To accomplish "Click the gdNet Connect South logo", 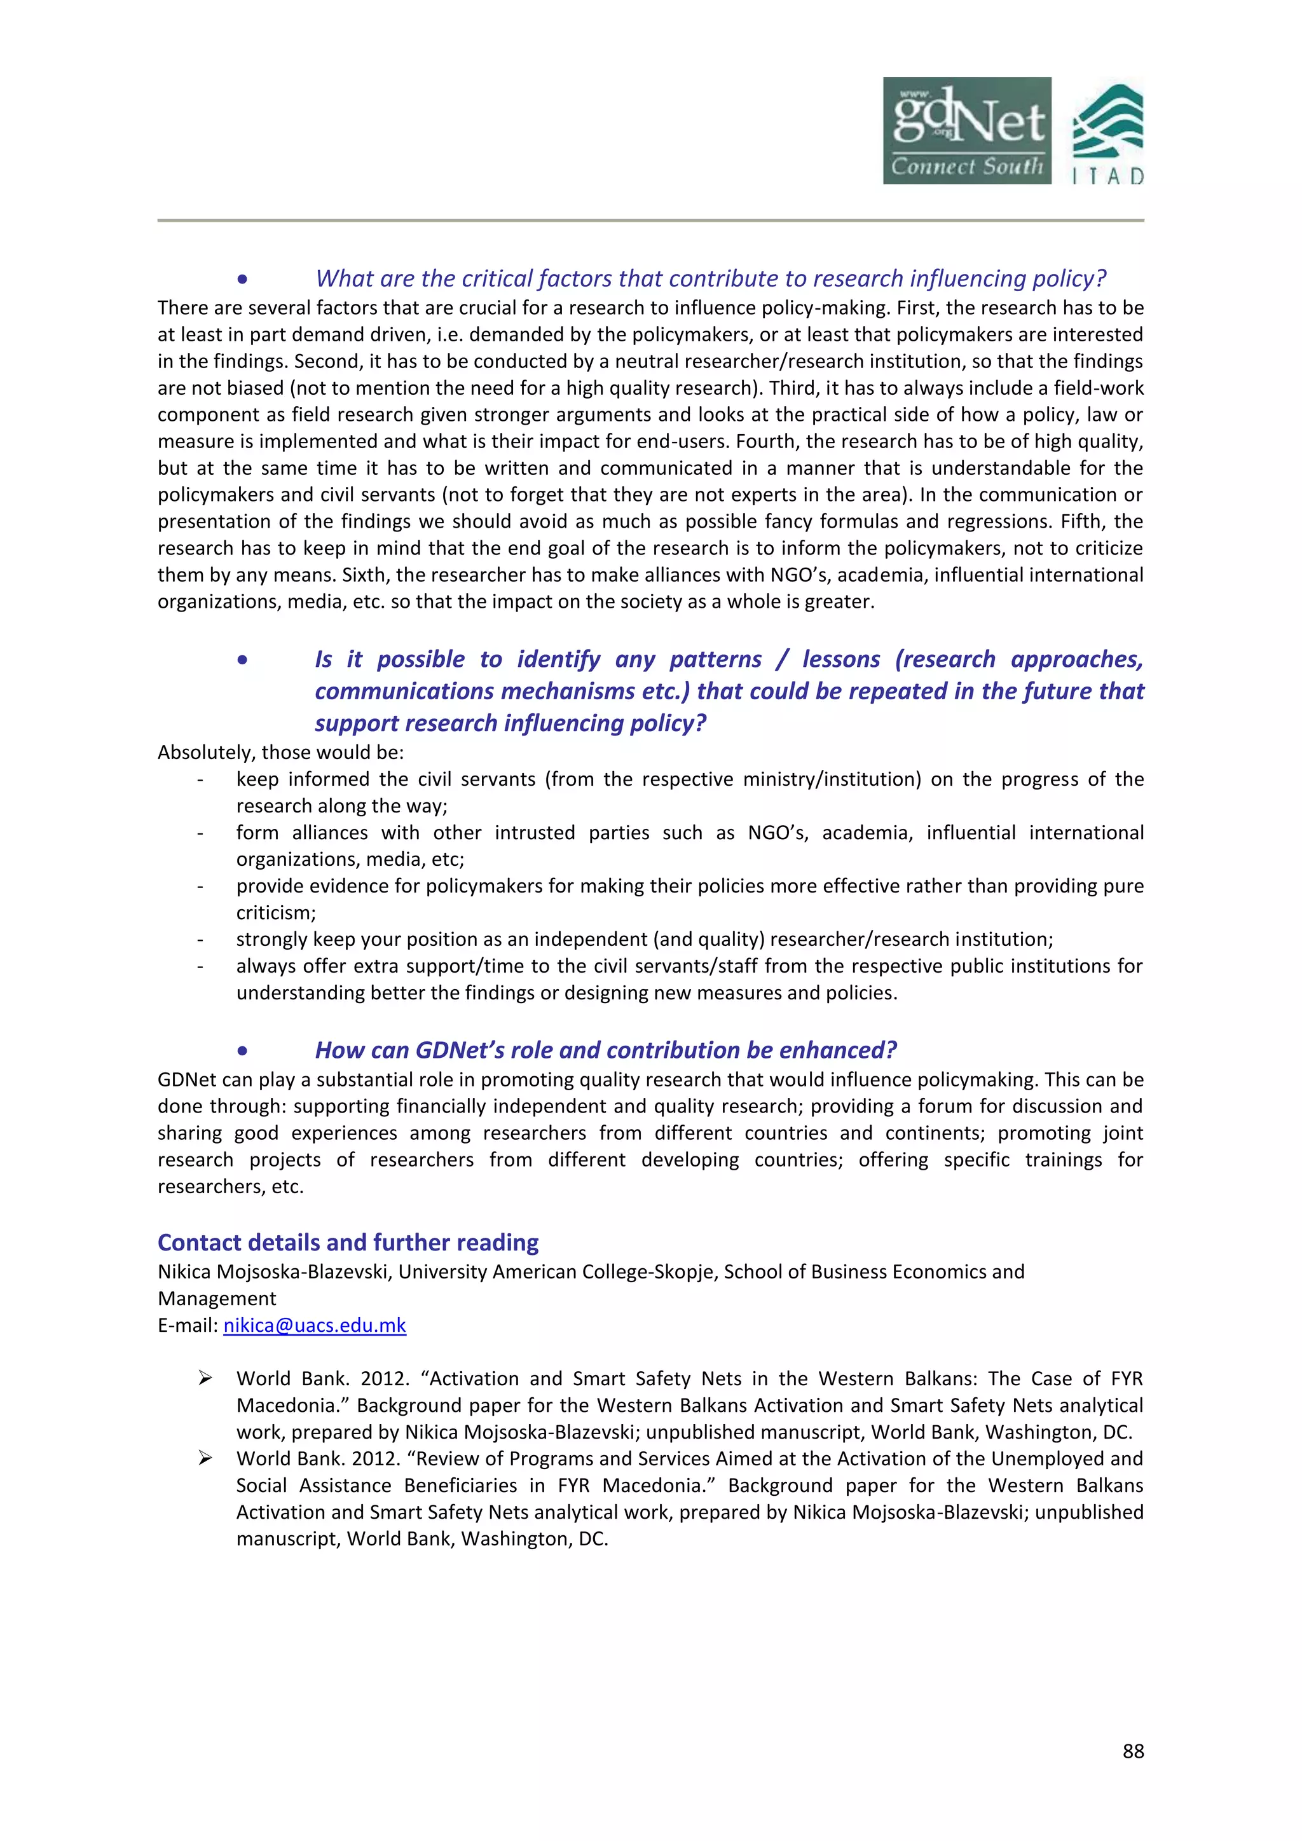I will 967,131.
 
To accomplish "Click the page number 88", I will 1133,1751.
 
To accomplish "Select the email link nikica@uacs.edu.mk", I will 314,1325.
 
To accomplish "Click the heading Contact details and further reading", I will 348,1242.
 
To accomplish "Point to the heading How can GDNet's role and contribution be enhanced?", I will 605,1050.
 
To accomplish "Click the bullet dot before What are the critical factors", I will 242,279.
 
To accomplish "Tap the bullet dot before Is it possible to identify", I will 242,660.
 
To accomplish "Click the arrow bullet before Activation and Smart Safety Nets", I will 205,1378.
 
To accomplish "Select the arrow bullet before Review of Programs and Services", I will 205,1458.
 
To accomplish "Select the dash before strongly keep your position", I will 200,940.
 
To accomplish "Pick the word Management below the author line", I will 216,1298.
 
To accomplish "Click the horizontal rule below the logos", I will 650,220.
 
